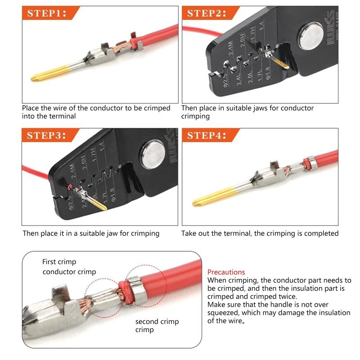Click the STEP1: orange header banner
(50, 13)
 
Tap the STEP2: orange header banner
(211, 13)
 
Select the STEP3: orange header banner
(50, 135)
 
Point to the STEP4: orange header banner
(211, 135)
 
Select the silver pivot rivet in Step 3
(153, 155)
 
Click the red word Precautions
(226, 272)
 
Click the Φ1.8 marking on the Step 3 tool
(113, 195)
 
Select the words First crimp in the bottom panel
(59, 262)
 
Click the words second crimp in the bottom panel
(157, 321)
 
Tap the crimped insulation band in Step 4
(311, 163)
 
